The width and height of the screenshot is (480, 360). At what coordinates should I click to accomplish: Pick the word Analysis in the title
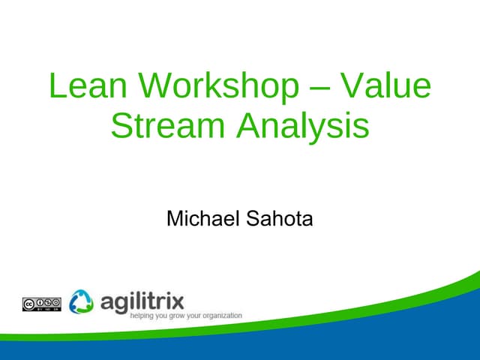click(x=303, y=125)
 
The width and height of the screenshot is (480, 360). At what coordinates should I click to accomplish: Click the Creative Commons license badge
click(x=41, y=304)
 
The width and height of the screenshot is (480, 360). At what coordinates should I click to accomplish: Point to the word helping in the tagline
click(x=144, y=316)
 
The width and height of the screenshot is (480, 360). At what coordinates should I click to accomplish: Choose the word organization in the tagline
click(x=224, y=316)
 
